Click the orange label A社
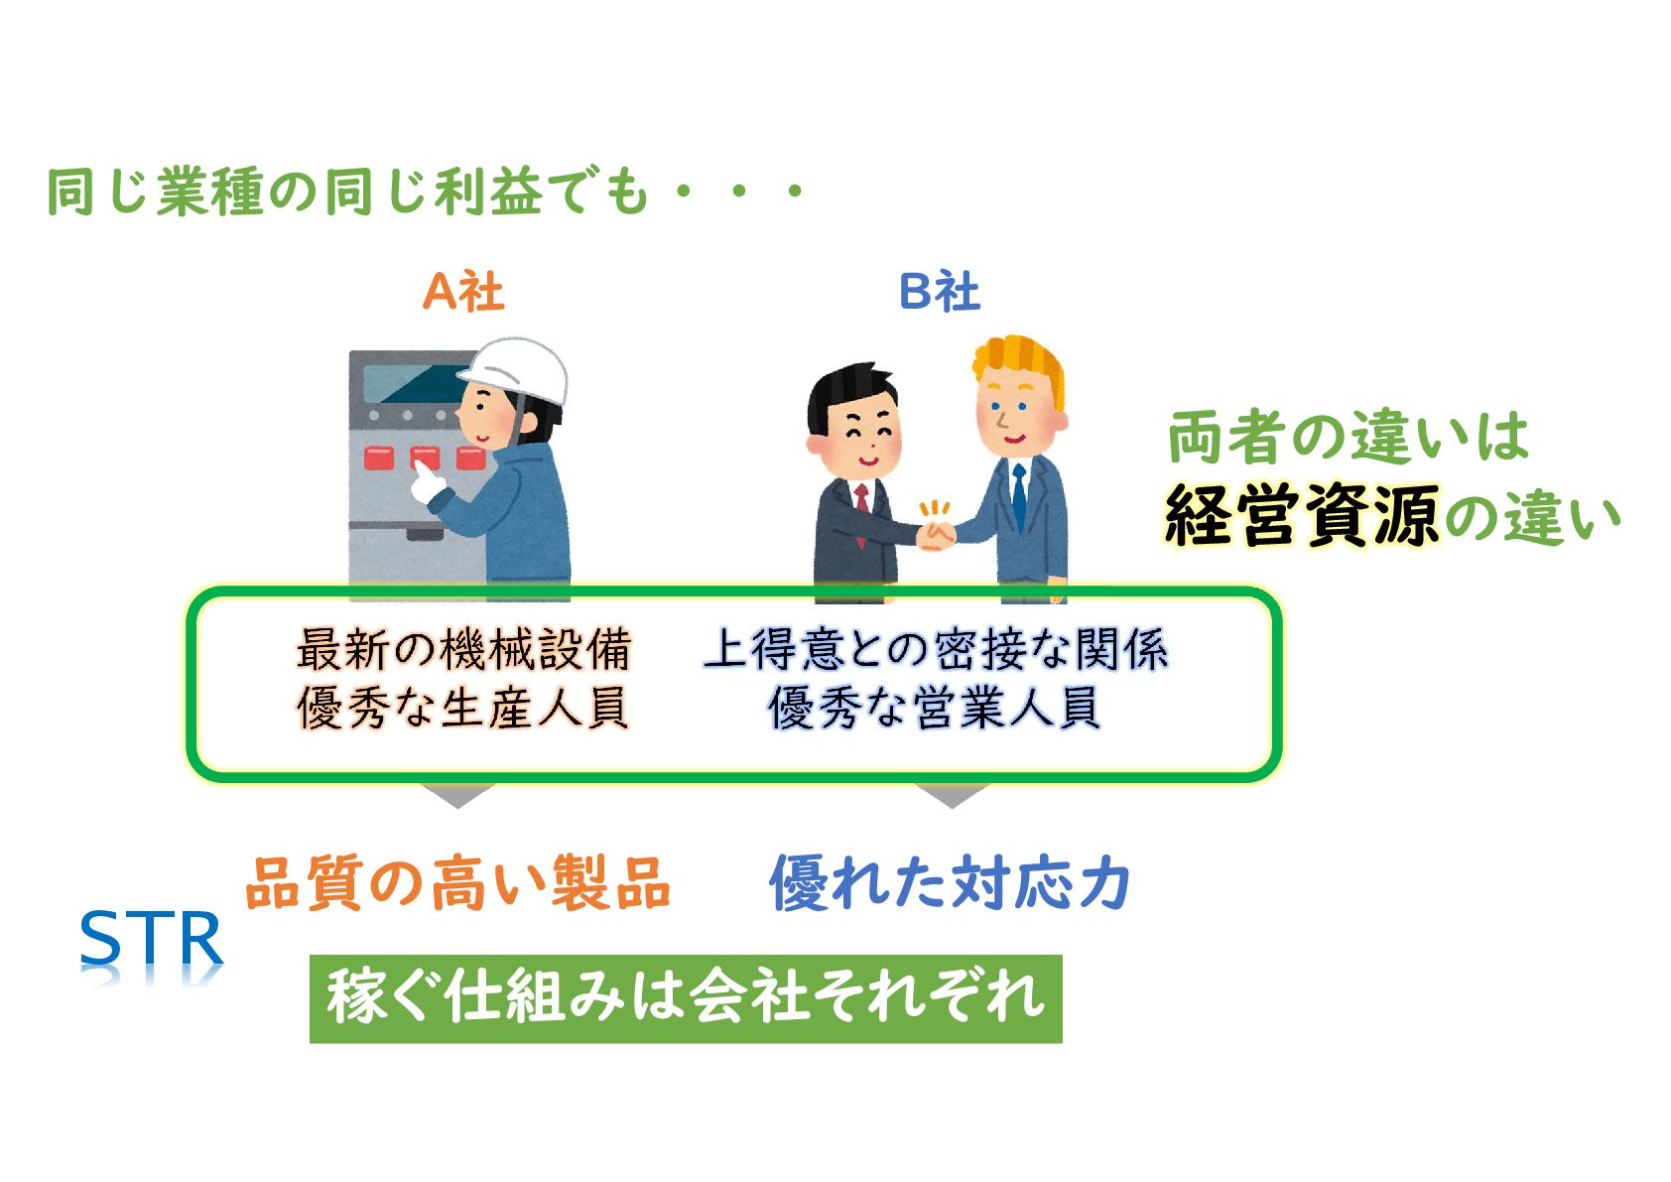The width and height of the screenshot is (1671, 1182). click(x=462, y=292)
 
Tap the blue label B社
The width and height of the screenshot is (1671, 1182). click(x=939, y=292)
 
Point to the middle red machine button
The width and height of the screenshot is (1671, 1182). click(x=425, y=458)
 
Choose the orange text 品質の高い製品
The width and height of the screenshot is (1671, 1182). click(x=457, y=882)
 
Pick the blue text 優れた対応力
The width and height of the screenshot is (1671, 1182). click(x=950, y=882)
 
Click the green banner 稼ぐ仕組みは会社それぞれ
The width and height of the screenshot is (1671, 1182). click(x=686, y=997)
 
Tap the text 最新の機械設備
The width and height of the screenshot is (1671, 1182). click(x=463, y=650)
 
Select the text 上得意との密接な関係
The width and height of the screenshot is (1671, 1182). click(x=935, y=650)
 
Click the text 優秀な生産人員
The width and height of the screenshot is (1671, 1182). click(x=463, y=709)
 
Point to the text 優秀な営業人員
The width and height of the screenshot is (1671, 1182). click(x=935, y=709)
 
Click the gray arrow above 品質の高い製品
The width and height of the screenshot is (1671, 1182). click(x=457, y=794)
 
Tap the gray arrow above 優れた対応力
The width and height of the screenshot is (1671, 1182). click(x=951, y=794)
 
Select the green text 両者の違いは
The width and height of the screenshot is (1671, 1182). click(x=1347, y=438)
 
